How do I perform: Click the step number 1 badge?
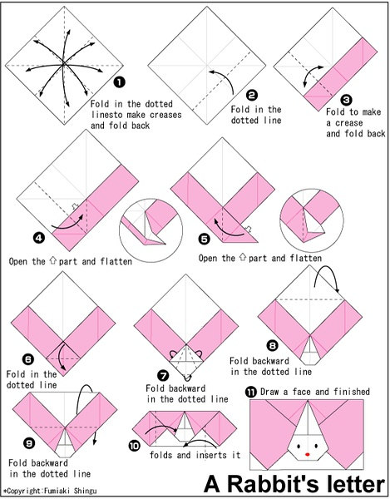point(119,82)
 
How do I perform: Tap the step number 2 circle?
point(252,95)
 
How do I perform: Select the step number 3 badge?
point(346,100)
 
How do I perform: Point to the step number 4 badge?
point(39,238)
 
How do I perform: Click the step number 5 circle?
point(205,239)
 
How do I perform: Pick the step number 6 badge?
point(28,359)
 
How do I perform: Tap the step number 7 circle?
point(163,376)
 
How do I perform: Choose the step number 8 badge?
point(272,345)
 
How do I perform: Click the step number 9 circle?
point(29,442)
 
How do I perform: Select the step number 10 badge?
point(134,446)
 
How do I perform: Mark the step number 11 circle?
point(251,392)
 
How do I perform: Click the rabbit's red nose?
point(308,454)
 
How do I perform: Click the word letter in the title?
point(354,483)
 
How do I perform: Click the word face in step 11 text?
point(302,392)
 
